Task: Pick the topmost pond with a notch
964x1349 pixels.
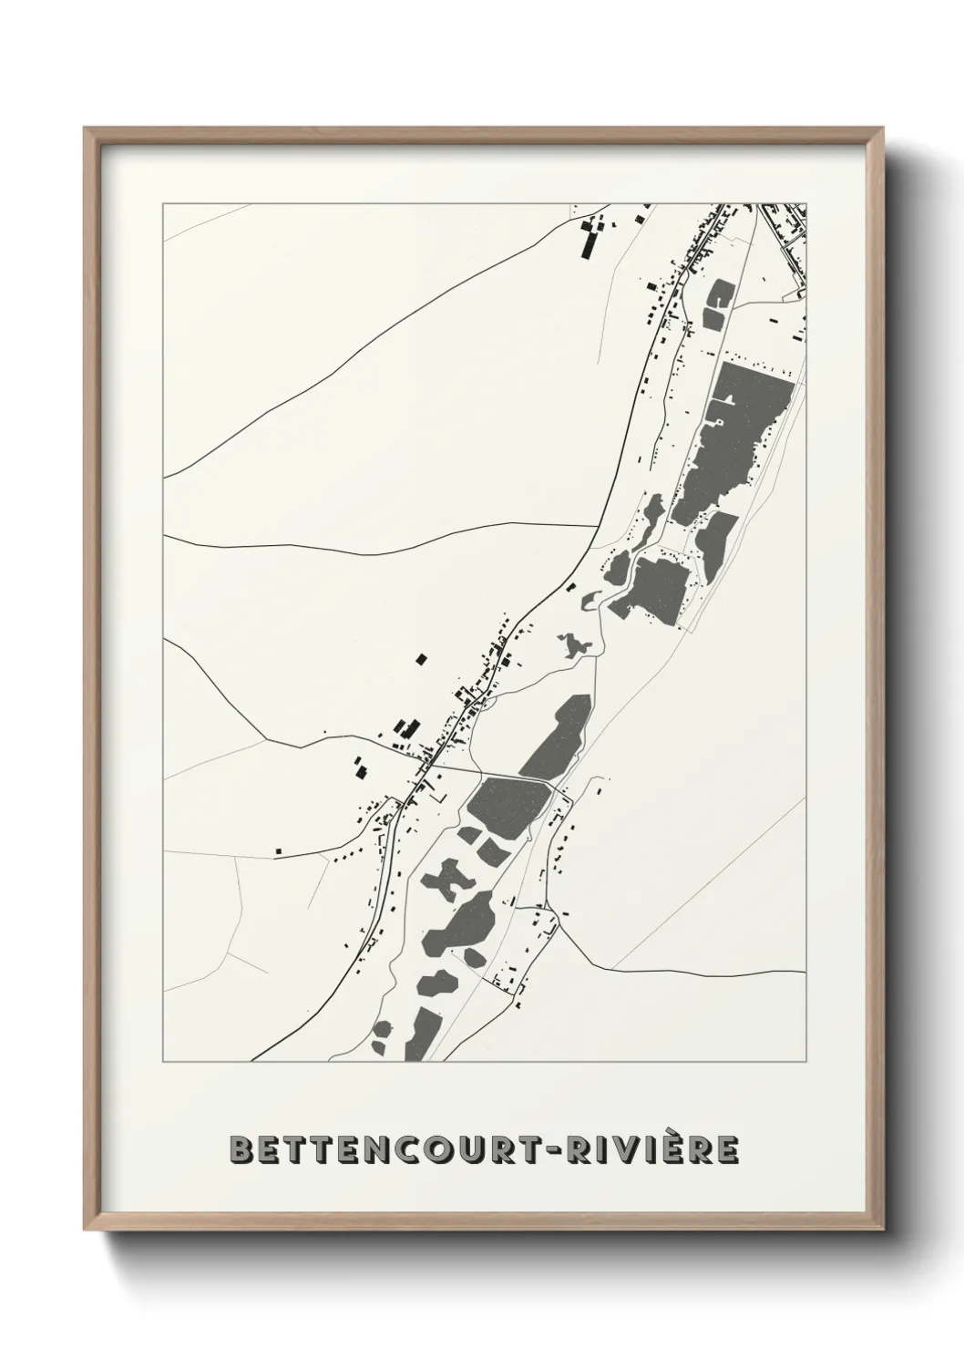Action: pos(722,293)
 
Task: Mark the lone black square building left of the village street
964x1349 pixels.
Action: pos(420,658)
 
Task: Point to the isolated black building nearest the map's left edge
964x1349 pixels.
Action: pos(279,851)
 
